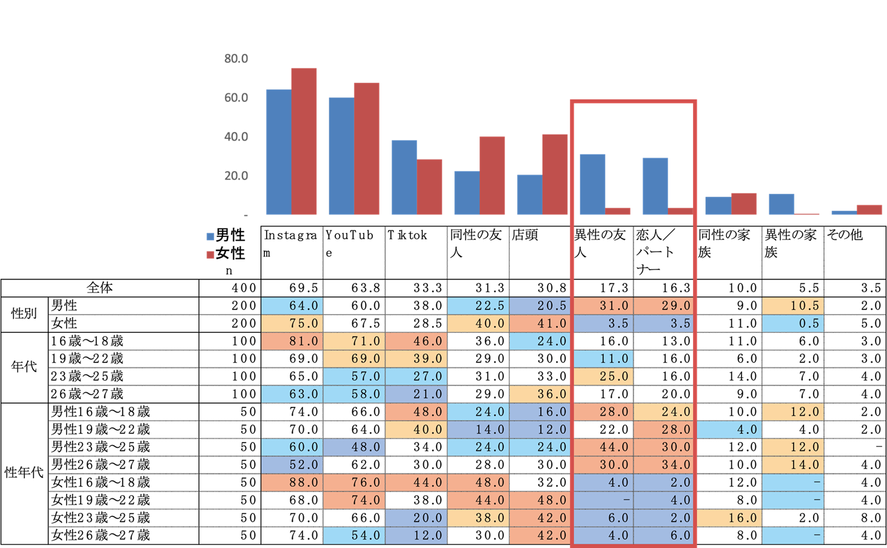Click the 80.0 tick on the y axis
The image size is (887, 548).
[x=236, y=59]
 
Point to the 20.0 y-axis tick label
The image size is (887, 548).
[x=236, y=176]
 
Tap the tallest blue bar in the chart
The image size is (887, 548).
[x=278, y=152]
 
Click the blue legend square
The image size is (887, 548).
[x=210, y=237]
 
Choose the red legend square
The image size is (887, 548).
[x=210, y=255]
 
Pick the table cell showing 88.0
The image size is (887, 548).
[x=292, y=483]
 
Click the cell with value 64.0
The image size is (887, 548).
[x=292, y=306]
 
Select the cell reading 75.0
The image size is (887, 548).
[x=292, y=323]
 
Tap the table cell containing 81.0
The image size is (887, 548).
[x=292, y=341]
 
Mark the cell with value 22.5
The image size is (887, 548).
[x=478, y=306]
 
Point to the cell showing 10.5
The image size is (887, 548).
[x=792, y=306]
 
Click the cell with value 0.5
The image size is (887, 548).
[x=792, y=323]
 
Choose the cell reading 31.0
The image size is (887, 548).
[x=603, y=306]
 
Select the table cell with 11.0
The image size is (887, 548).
[x=603, y=359]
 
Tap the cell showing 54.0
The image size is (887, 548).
[x=353, y=535]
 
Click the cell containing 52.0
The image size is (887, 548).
[x=292, y=465]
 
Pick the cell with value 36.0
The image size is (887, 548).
[x=540, y=394]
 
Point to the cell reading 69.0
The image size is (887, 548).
[x=353, y=359]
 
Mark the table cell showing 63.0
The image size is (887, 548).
[x=292, y=394]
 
